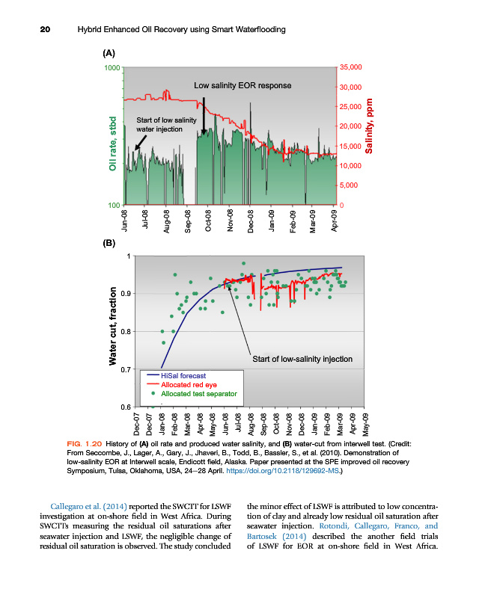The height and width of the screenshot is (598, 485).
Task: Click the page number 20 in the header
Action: (x=45, y=29)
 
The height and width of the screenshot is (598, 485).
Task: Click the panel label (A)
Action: (x=109, y=53)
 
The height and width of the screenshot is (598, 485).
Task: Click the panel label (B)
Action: (x=109, y=243)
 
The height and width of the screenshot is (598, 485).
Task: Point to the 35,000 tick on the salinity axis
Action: (x=351, y=68)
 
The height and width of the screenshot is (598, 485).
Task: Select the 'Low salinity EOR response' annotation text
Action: (x=242, y=86)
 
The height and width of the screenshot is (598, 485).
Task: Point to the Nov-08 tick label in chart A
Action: (x=230, y=223)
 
